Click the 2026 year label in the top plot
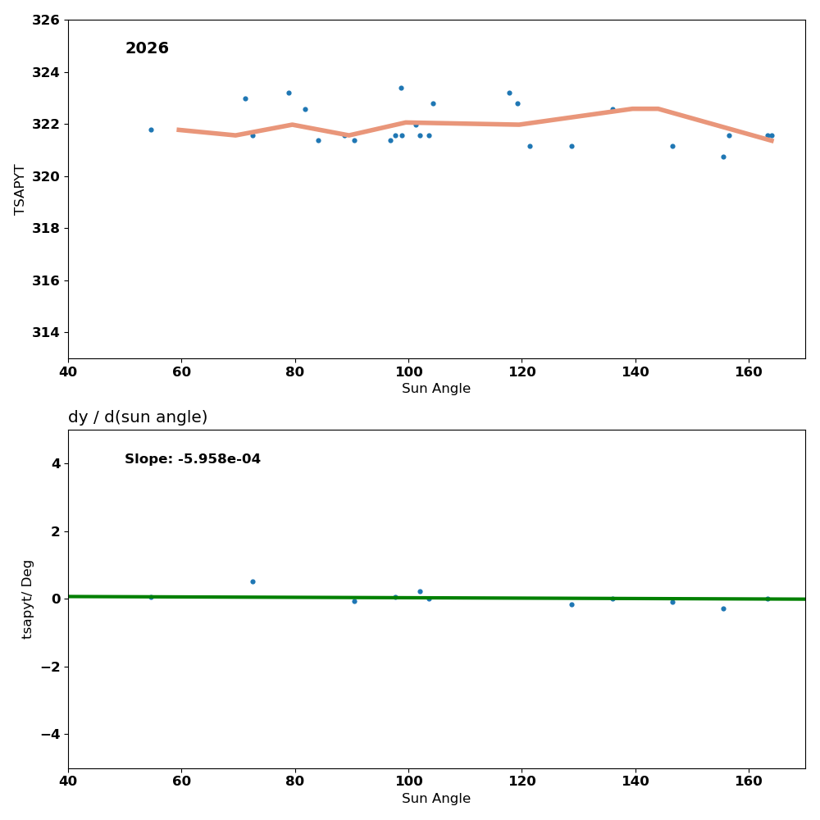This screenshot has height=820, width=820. point(147,49)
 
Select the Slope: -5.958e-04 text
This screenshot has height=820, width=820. point(193,459)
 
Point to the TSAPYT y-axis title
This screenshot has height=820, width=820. point(20,189)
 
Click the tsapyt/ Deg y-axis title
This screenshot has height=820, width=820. point(27,599)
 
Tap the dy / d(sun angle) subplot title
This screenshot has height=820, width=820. point(138,417)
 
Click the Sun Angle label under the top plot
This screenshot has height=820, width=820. point(436,389)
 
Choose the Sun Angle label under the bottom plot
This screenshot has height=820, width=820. point(436,799)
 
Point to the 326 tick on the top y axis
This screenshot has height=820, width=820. point(46,20)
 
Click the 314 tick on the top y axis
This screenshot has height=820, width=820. point(46,332)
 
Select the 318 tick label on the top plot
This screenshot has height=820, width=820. point(46,228)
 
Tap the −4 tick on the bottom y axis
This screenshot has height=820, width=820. point(48,734)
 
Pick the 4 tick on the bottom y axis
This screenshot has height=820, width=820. point(55,463)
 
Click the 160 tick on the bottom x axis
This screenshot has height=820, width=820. point(748,781)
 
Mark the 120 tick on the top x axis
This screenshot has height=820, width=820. point(522,371)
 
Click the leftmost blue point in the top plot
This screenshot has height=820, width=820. point(151,130)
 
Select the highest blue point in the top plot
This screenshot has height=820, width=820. point(401,88)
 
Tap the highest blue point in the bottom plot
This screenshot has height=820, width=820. point(253,581)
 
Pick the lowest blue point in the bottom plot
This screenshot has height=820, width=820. point(723,608)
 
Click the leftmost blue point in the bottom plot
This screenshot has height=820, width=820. point(151,597)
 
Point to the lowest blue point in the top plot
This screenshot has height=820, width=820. point(723,157)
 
